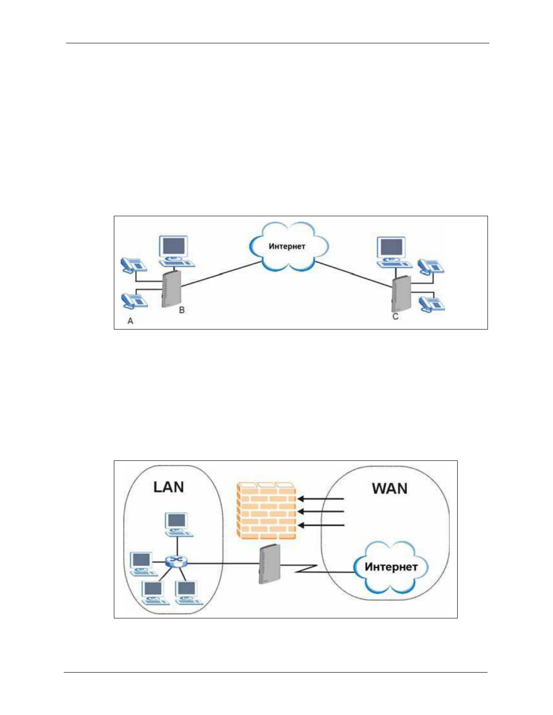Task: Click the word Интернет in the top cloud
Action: [x=287, y=246]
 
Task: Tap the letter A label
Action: [x=131, y=321]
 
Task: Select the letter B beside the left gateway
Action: [x=182, y=310]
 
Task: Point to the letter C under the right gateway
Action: [x=395, y=317]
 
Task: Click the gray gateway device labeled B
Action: [x=171, y=289]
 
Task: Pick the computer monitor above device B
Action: [x=174, y=247]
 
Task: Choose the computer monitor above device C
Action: [x=392, y=248]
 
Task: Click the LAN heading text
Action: [x=169, y=487]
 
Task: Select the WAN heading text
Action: [x=389, y=488]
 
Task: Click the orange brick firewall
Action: [x=267, y=511]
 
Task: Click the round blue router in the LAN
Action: [x=175, y=562]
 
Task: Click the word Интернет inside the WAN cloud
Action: [x=391, y=567]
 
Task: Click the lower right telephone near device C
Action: [x=432, y=304]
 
